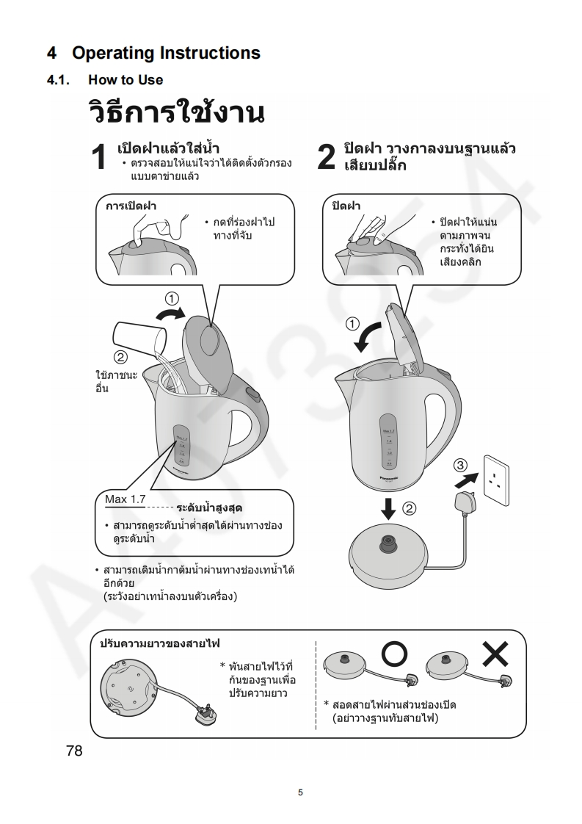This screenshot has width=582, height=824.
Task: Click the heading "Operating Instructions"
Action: click(166, 53)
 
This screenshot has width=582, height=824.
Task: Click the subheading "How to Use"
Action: click(126, 79)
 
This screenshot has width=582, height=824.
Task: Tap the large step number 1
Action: click(101, 158)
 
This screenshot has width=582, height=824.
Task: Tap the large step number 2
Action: click(327, 158)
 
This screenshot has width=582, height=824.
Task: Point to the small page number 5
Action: click(299, 792)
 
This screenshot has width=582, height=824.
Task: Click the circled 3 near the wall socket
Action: click(460, 465)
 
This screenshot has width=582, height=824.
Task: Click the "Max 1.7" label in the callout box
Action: click(126, 500)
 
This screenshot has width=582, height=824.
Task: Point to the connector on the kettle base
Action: click(388, 544)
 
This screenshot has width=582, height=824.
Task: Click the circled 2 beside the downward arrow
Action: click(410, 508)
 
